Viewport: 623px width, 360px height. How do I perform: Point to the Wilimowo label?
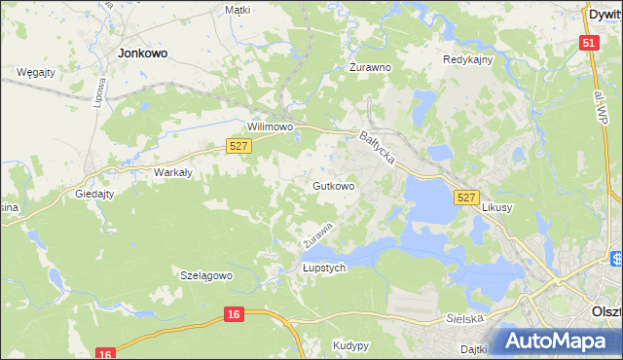point(270,127)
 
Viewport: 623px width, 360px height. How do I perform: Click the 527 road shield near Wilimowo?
point(239,146)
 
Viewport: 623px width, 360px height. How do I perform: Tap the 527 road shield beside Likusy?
point(466,198)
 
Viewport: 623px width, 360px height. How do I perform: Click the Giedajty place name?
point(95,194)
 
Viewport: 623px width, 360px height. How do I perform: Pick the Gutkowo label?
point(333,185)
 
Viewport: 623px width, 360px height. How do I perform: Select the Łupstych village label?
point(324,268)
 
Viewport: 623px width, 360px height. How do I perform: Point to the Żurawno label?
point(370,68)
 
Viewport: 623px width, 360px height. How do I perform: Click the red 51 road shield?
point(588,43)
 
